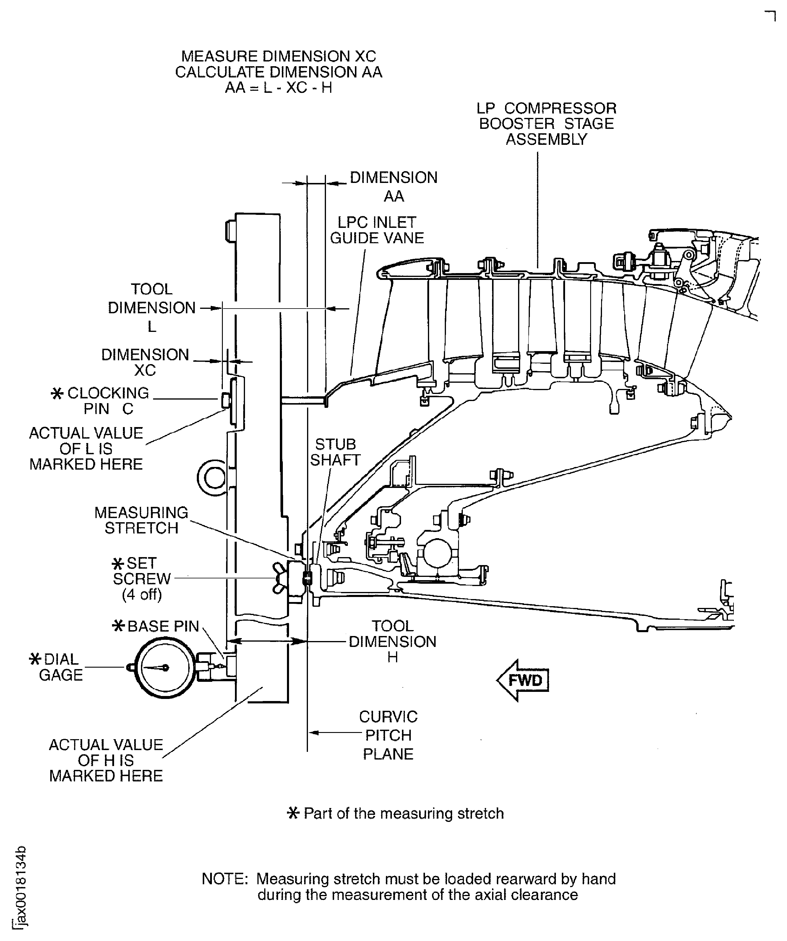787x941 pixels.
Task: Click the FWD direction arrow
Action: [522, 680]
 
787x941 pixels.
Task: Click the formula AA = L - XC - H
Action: [278, 87]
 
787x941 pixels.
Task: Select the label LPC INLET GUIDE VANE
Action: [377, 230]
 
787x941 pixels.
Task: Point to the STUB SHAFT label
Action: [335, 452]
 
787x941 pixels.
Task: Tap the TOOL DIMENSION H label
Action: [392, 641]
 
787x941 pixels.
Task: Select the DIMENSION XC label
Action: [145, 362]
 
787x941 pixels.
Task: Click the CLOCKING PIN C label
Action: [108, 400]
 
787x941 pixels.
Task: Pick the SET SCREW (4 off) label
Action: [141, 578]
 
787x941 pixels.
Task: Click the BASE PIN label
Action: [163, 626]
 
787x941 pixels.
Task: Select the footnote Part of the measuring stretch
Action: [403, 814]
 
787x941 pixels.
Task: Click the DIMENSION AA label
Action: [394, 186]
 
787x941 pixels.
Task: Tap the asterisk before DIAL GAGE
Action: [35, 659]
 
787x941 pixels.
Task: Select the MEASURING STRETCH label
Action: [141, 520]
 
